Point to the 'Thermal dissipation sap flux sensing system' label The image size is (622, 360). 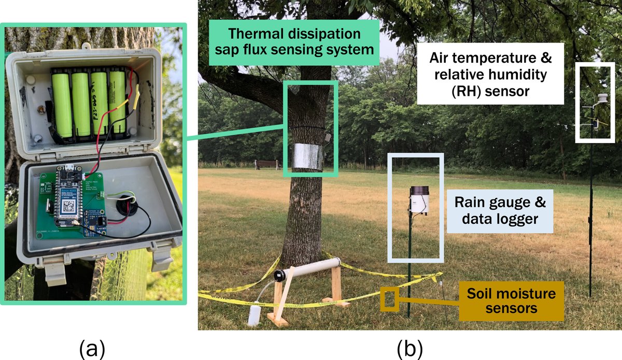(x=293, y=42)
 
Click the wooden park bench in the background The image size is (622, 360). (x=266, y=165)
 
